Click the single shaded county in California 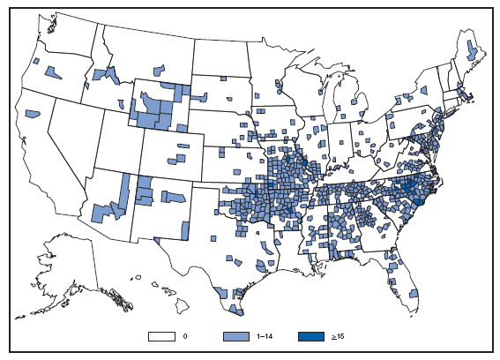pyautogui.click(x=34, y=114)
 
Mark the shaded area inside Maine pyautogui.click(x=473, y=54)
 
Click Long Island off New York pyautogui.click(x=459, y=114)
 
